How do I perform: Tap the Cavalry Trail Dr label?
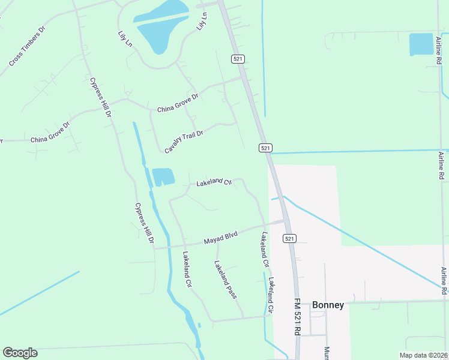184,140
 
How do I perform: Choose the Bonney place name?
328,305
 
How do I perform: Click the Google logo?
20,353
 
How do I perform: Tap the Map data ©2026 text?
423,355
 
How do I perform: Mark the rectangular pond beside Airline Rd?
421,44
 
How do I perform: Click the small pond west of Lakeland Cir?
163,177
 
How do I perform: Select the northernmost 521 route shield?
238,58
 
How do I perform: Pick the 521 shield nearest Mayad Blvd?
290,238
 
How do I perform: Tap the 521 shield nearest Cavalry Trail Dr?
266,148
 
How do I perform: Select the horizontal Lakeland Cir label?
214,181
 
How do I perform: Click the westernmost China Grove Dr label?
50,133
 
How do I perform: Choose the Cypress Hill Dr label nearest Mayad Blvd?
145,226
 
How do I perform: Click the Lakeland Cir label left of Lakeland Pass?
187,269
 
